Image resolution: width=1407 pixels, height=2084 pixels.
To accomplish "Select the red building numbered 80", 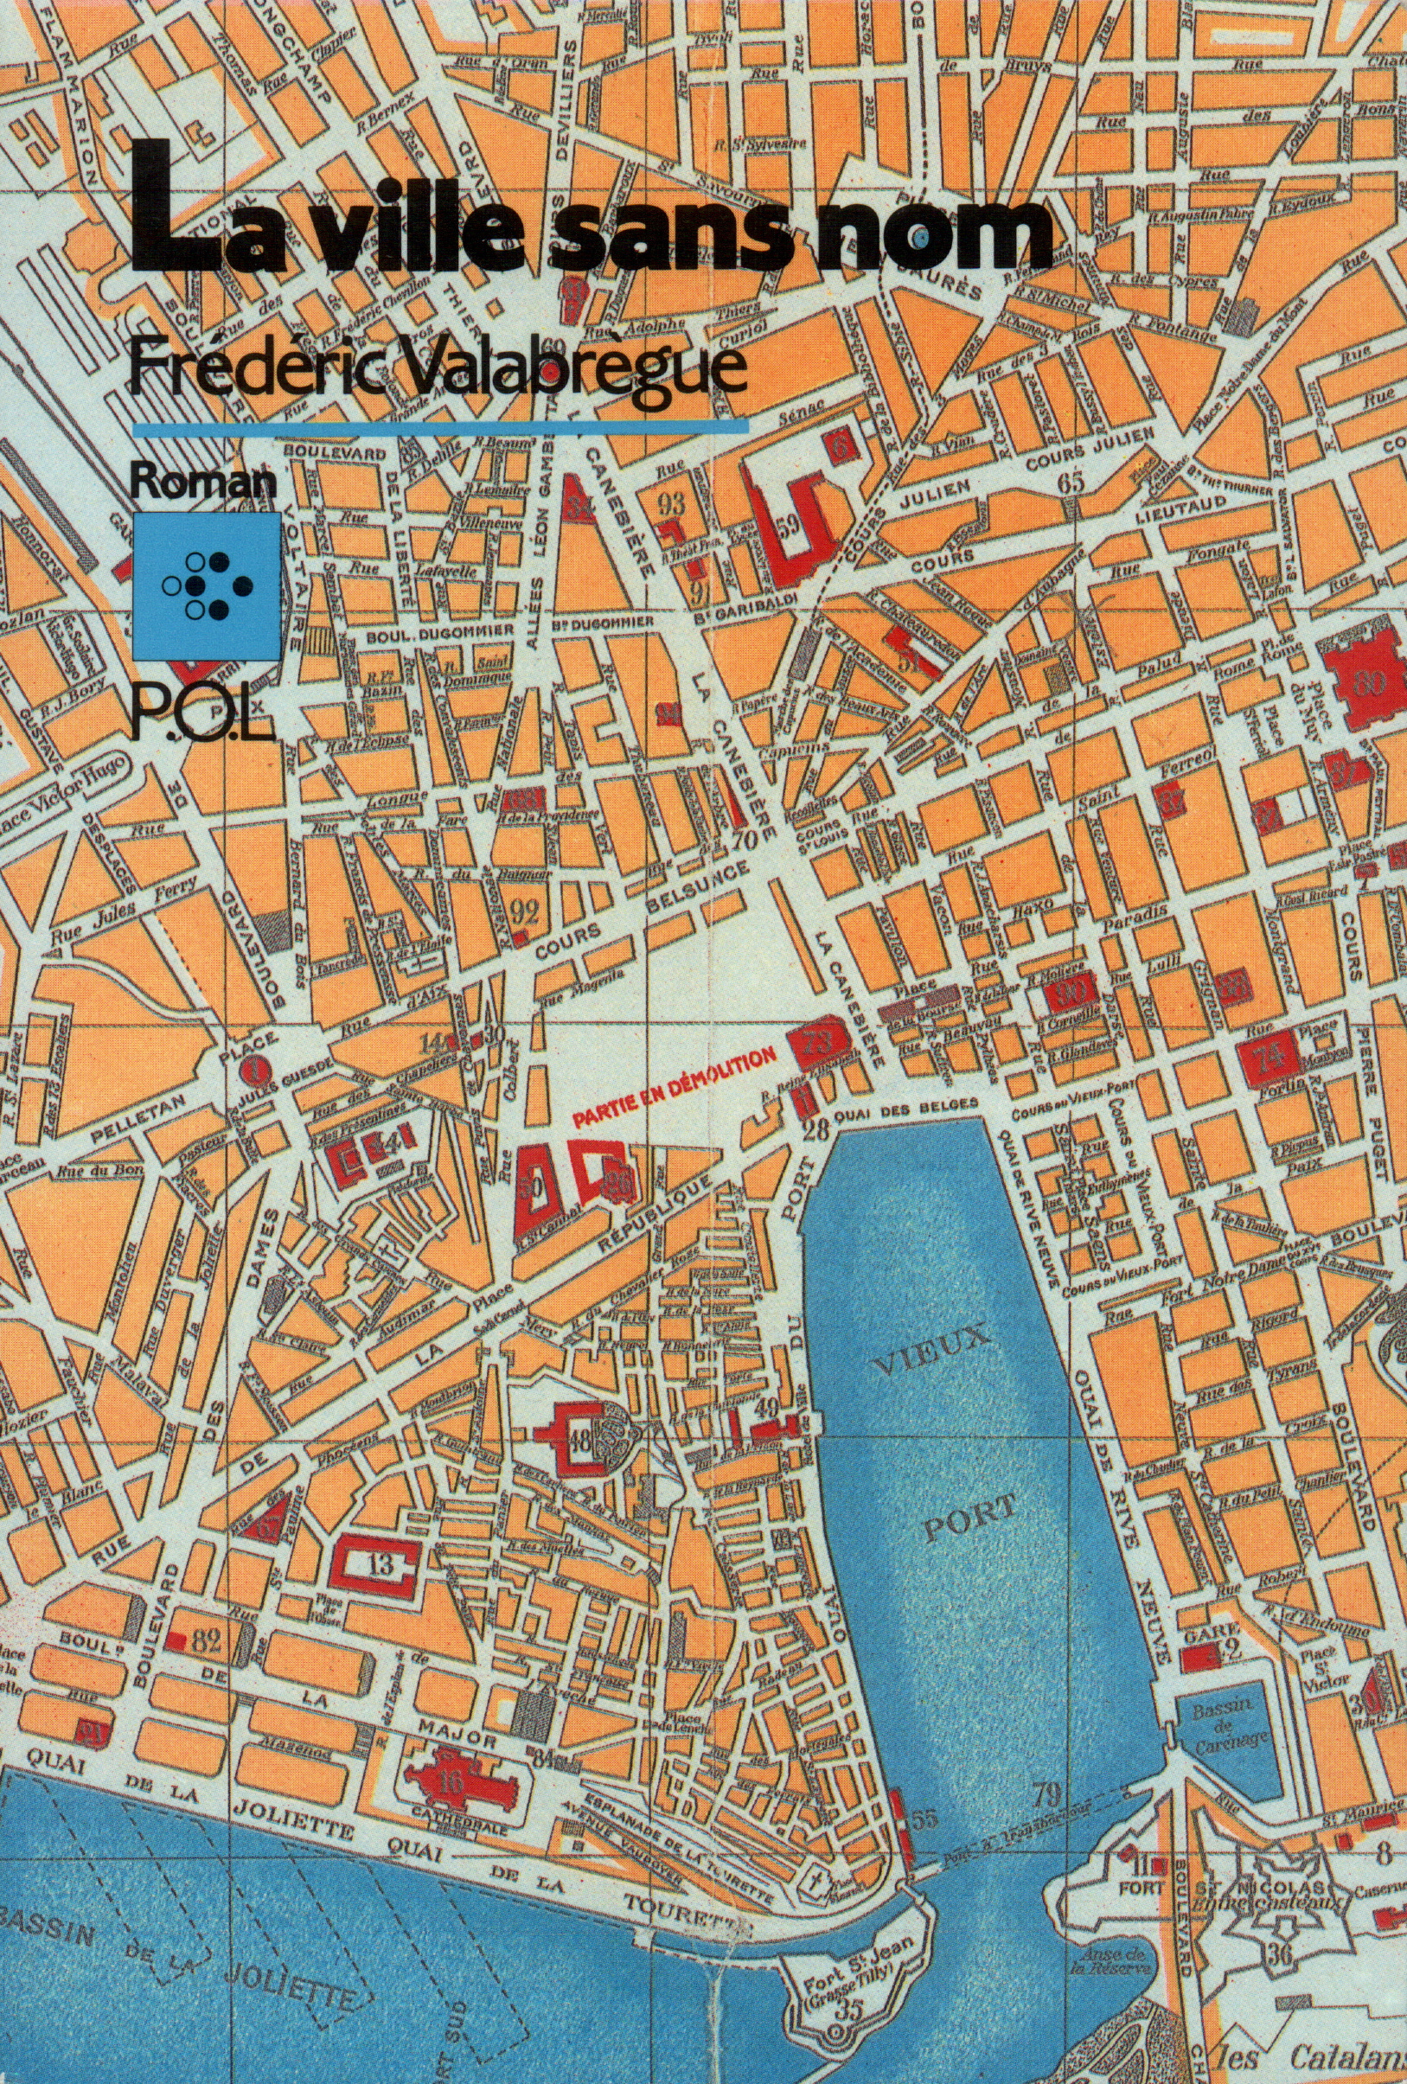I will (1365, 683).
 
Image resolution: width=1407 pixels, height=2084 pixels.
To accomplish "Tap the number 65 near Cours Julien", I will (1071, 481).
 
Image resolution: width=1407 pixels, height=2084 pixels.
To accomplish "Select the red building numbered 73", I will (818, 1042).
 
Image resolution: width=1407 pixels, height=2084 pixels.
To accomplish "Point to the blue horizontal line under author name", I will (439, 430).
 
